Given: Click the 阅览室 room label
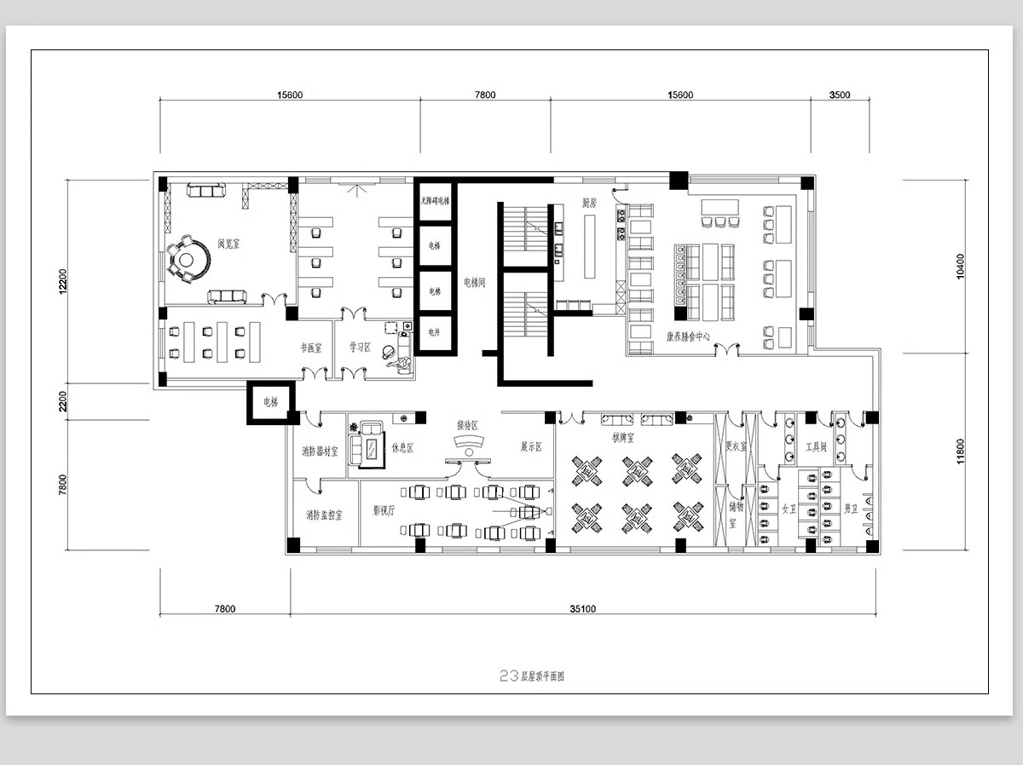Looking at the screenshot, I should pyautogui.click(x=228, y=244).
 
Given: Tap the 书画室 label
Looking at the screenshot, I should pyautogui.click(x=310, y=348).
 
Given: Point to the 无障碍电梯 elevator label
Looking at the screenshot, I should pyautogui.click(x=435, y=201).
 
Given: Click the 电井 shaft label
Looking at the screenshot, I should pyautogui.click(x=435, y=331).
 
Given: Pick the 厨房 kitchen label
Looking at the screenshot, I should pyautogui.click(x=589, y=203).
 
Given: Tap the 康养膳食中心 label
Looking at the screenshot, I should pyautogui.click(x=689, y=336).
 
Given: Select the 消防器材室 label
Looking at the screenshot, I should pyautogui.click(x=319, y=451).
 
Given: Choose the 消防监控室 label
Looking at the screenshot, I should pyautogui.click(x=324, y=515).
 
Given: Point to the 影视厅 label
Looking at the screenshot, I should pyautogui.click(x=384, y=511).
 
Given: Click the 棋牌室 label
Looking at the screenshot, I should pyautogui.click(x=623, y=437).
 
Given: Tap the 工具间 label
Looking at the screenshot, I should pyautogui.click(x=816, y=446).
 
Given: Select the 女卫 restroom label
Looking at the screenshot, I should pyautogui.click(x=789, y=509).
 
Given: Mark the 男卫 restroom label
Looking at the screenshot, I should pyautogui.click(x=850, y=509).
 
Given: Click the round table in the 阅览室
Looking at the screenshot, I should pyautogui.click(x=188, y=259).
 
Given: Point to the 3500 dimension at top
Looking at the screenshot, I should pyautogui.click(x=840, y=95).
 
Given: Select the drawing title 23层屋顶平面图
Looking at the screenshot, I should pyautogui.click(x=533, y=676).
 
